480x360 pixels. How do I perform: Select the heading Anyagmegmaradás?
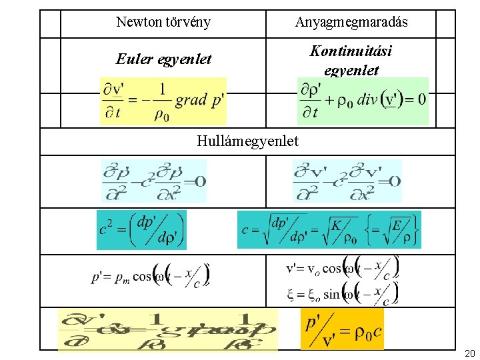(x=351, y=23)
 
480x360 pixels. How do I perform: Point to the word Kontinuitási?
(x=351, y=51)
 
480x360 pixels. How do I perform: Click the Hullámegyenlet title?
(x=248, y=141)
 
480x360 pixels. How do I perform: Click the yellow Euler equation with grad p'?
(x=163, y=101)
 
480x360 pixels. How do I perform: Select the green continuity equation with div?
(x=362, y=101)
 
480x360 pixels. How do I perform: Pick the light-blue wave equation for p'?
(x=154, y=181)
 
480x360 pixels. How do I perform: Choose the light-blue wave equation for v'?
(x=347, y=181)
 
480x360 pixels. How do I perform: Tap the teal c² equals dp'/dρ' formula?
(x=141, y=230)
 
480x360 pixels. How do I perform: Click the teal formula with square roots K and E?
(x=329, y=230)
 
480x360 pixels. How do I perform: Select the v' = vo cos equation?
(x=342, y=267)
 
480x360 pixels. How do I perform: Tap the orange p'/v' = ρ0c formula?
(x=343, y=329)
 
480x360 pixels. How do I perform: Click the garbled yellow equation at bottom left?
(x=167, y=329)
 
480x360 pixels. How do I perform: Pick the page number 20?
(x=469, y=352)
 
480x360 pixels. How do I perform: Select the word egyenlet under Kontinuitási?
(x=351, y=70)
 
